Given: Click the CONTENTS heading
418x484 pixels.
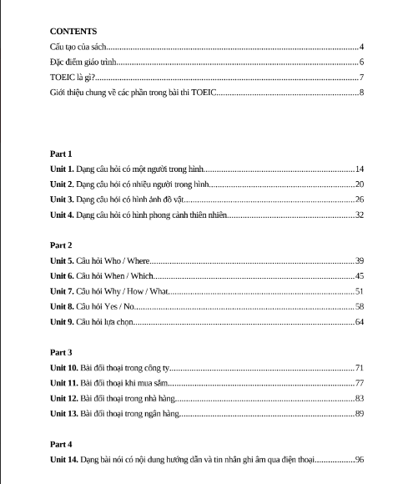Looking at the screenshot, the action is (73, 31).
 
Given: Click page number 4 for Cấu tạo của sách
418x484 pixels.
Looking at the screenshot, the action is (361, 47).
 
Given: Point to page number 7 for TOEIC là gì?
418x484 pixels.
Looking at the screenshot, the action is (361, 77).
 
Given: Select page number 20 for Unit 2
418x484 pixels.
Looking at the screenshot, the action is (360, 184).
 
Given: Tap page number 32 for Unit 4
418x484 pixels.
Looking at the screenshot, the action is (360, 214).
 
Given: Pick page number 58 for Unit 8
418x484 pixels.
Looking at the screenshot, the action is (360, 306).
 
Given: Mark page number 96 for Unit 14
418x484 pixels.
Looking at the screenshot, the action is (360, 459).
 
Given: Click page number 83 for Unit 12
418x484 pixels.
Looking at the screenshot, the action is (360, 398).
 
